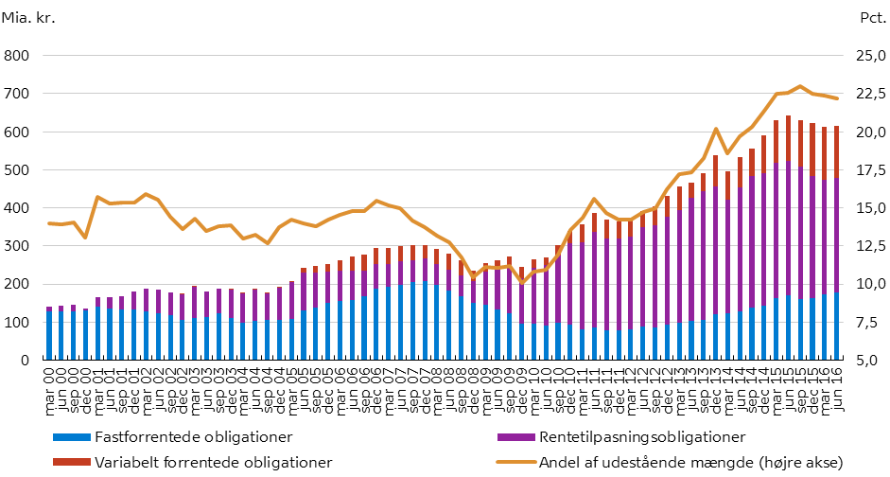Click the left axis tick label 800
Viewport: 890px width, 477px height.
pos(17,57)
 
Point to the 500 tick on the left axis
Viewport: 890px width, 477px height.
pos(17,170)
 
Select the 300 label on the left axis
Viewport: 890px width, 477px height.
pos(17,246)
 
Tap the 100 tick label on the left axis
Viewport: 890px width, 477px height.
pos(17,322)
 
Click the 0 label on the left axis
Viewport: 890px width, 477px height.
pos(26,360)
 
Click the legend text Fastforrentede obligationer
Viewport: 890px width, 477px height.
pos(199,436)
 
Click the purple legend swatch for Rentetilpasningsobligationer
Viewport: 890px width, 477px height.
pos(512,437)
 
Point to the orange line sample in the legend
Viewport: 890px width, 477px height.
pos(512,462)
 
